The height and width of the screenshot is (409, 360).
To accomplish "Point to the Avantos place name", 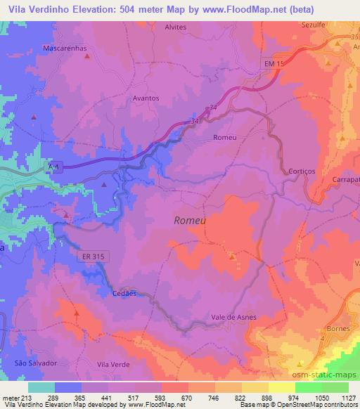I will [x=146, y=98].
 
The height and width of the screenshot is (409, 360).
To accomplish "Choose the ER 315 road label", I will [x=91, y=258].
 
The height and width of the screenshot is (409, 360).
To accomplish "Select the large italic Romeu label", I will [x=189, y=221].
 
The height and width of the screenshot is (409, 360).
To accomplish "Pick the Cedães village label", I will [x=124, y=294].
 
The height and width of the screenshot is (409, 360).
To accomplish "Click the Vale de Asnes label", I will [x=234, y=318].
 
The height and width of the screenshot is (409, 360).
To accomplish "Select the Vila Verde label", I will [x=114, y=364].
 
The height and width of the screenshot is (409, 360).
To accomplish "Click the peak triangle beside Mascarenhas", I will [x=87, y=56].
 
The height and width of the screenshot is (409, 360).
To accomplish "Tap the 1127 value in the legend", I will [x=347, y=397].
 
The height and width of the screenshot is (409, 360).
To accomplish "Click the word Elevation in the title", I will [x=87, y=7].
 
